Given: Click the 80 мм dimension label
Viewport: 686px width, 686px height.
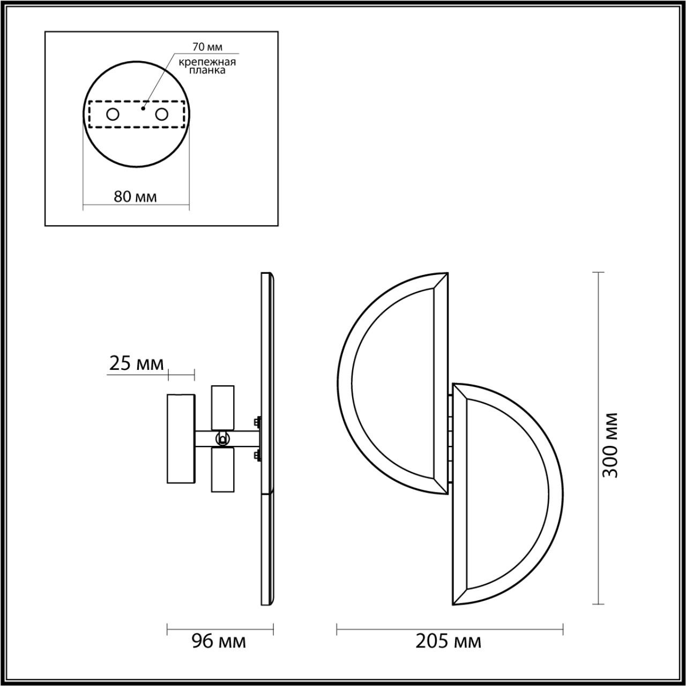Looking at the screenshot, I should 135,197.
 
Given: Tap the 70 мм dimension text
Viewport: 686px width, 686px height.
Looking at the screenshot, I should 207,48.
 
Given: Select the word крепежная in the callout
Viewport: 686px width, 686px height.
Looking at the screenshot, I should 207,62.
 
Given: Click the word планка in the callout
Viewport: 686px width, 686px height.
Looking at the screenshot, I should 207,70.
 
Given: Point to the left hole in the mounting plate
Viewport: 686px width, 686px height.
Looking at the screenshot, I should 113,114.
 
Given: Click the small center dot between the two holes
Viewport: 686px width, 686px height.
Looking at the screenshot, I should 143,108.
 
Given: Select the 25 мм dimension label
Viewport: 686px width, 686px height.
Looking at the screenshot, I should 136,363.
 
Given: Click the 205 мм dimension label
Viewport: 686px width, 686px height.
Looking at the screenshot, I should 448,641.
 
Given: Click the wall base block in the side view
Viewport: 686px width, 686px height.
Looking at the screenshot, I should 181,438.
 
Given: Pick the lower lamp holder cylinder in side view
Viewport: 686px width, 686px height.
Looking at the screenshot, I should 222,469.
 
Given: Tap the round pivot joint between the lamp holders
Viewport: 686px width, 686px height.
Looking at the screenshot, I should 221,439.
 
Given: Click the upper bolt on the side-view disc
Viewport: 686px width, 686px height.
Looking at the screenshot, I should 258,421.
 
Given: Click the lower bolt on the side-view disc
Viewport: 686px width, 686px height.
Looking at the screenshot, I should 258,457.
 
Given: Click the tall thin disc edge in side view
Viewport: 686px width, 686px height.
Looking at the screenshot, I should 267,438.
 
